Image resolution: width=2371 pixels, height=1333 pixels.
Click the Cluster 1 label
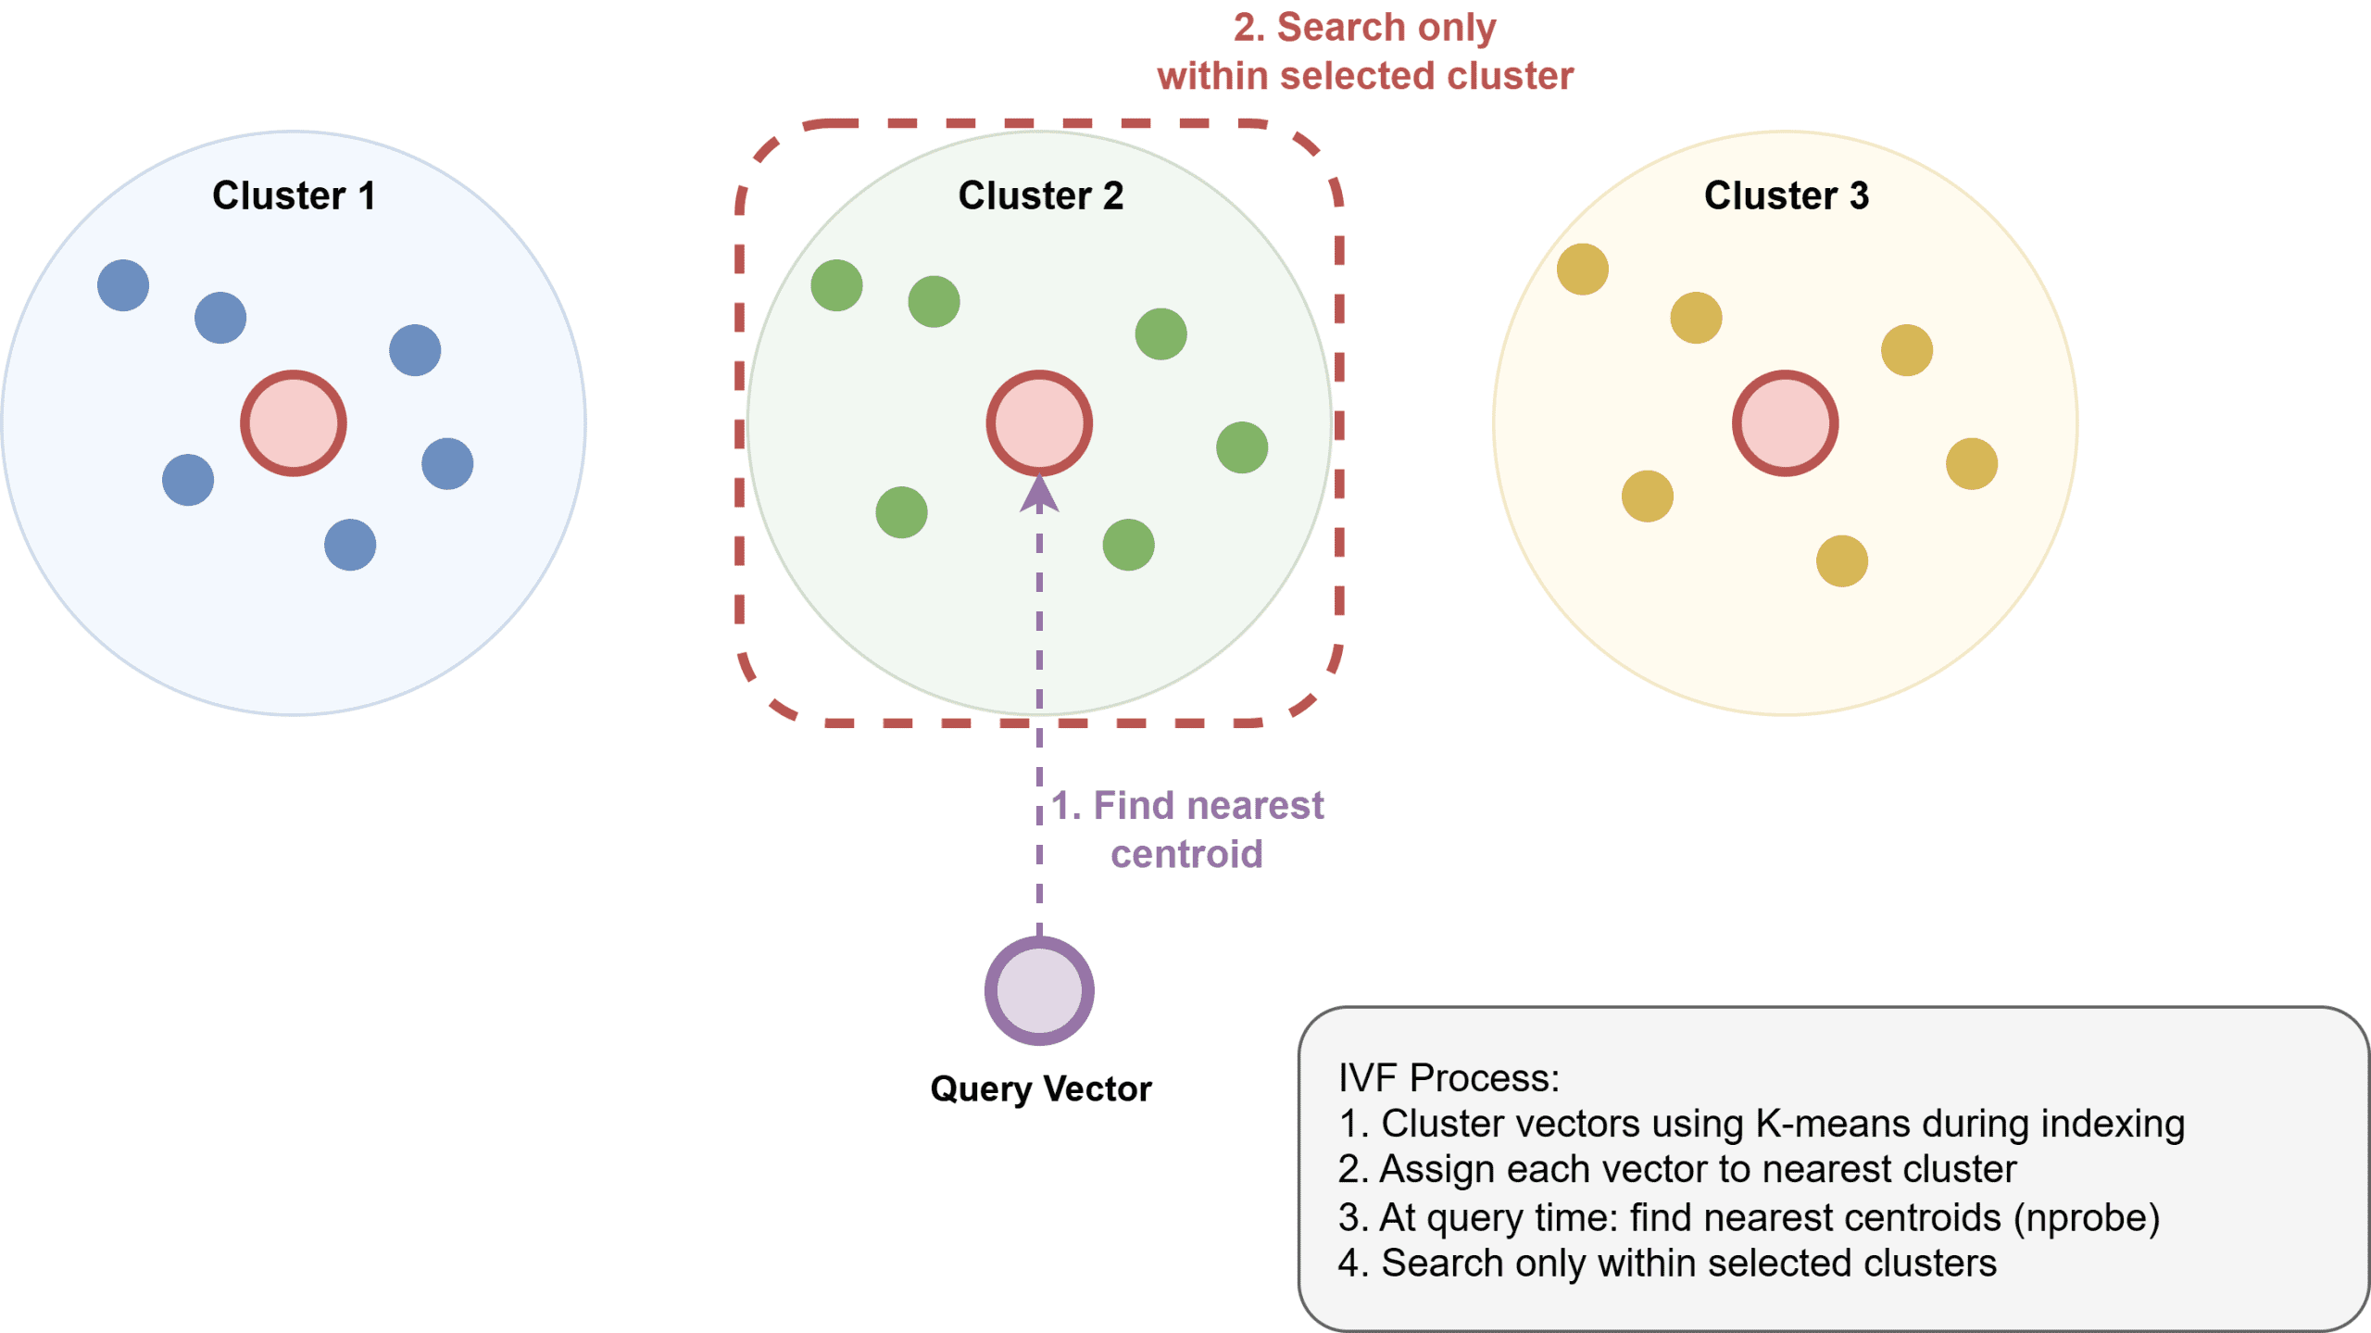[x=294, y=195]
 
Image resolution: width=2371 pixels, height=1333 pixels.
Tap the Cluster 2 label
[x=1040, y=195]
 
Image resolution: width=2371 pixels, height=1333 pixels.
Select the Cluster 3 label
[x=1786, y=195]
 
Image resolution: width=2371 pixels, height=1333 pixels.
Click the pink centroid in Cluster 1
[x=294, y=423]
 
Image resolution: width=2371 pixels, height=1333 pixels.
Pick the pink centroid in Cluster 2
[x=1039, y=423]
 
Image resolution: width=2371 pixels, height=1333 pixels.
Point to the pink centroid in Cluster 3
[x=1785, y=423]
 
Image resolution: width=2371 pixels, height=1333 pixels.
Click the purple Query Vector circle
[x=1039, y=990]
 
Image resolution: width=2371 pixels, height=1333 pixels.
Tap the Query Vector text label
[x=1040, y=1088]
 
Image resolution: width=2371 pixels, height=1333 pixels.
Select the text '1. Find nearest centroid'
[x=1187, y=829]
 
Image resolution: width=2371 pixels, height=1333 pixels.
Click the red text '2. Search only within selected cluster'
[x=1364, y=52]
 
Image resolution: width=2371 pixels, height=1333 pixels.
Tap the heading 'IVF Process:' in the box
[x=1449, y=1078]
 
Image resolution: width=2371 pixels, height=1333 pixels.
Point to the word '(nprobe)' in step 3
[x=2086, y=1217]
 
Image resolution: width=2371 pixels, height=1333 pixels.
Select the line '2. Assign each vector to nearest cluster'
[x=1676, y=1169]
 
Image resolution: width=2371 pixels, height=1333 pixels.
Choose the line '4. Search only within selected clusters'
[x=1666, y=1264]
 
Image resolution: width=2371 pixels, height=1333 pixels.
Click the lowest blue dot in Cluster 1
[x=350, y=545]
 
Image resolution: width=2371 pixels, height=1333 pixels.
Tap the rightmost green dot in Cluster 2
[x=1242, y=447]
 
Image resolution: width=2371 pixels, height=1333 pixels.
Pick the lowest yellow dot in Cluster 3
[x=1841, y=560]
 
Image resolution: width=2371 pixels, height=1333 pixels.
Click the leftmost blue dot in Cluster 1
[x=123, y=285]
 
